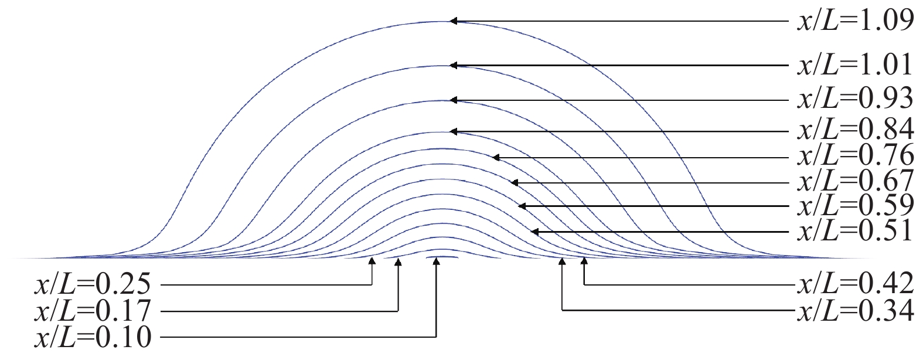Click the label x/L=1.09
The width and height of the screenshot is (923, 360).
tap(854, 22)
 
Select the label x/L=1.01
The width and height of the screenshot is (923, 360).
tap(854, 66)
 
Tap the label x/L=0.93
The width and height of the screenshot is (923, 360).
tap(854, 99)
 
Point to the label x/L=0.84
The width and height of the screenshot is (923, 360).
tap(854, 130)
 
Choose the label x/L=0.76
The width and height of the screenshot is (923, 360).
tap(854, 157)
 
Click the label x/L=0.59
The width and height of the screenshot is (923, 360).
tap(854, 206)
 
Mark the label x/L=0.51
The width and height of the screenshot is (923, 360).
tap(854, 232)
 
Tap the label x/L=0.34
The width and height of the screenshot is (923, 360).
tap(854, 310)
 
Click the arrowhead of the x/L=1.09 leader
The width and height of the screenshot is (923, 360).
tap(453, 22)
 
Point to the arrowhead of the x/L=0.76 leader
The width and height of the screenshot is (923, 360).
tap(496, 157)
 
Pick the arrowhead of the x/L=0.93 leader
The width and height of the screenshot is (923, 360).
tap(453, 100)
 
